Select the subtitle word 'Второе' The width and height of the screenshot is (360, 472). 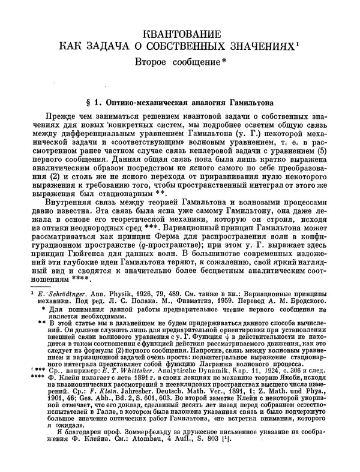click(x=157, y=62)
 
